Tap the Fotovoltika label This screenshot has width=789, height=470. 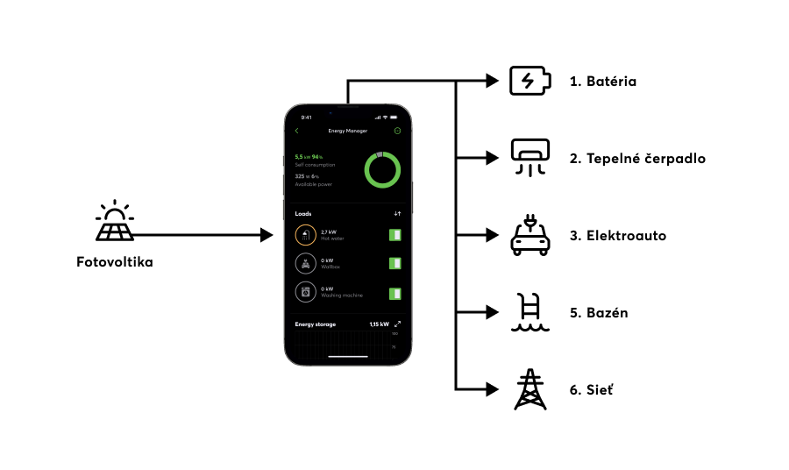(114, 261)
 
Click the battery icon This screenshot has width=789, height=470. (530, 82)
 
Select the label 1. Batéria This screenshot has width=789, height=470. (602, 82)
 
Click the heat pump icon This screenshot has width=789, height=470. (530, 158)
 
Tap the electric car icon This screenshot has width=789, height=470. (530, 236)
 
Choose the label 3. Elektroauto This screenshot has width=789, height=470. (617, 236)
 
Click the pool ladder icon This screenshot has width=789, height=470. (530, 313)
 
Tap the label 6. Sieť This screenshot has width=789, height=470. (592, 390)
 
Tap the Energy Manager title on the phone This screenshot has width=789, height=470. (348, 131)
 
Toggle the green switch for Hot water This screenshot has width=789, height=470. (395, 235)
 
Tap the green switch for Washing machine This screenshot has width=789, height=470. (395, 293)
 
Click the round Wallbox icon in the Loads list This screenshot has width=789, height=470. (305, 264)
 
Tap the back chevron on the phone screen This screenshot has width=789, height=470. (297, 131)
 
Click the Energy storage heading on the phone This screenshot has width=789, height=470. (316, 324)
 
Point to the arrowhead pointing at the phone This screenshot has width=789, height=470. (268, 235)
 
